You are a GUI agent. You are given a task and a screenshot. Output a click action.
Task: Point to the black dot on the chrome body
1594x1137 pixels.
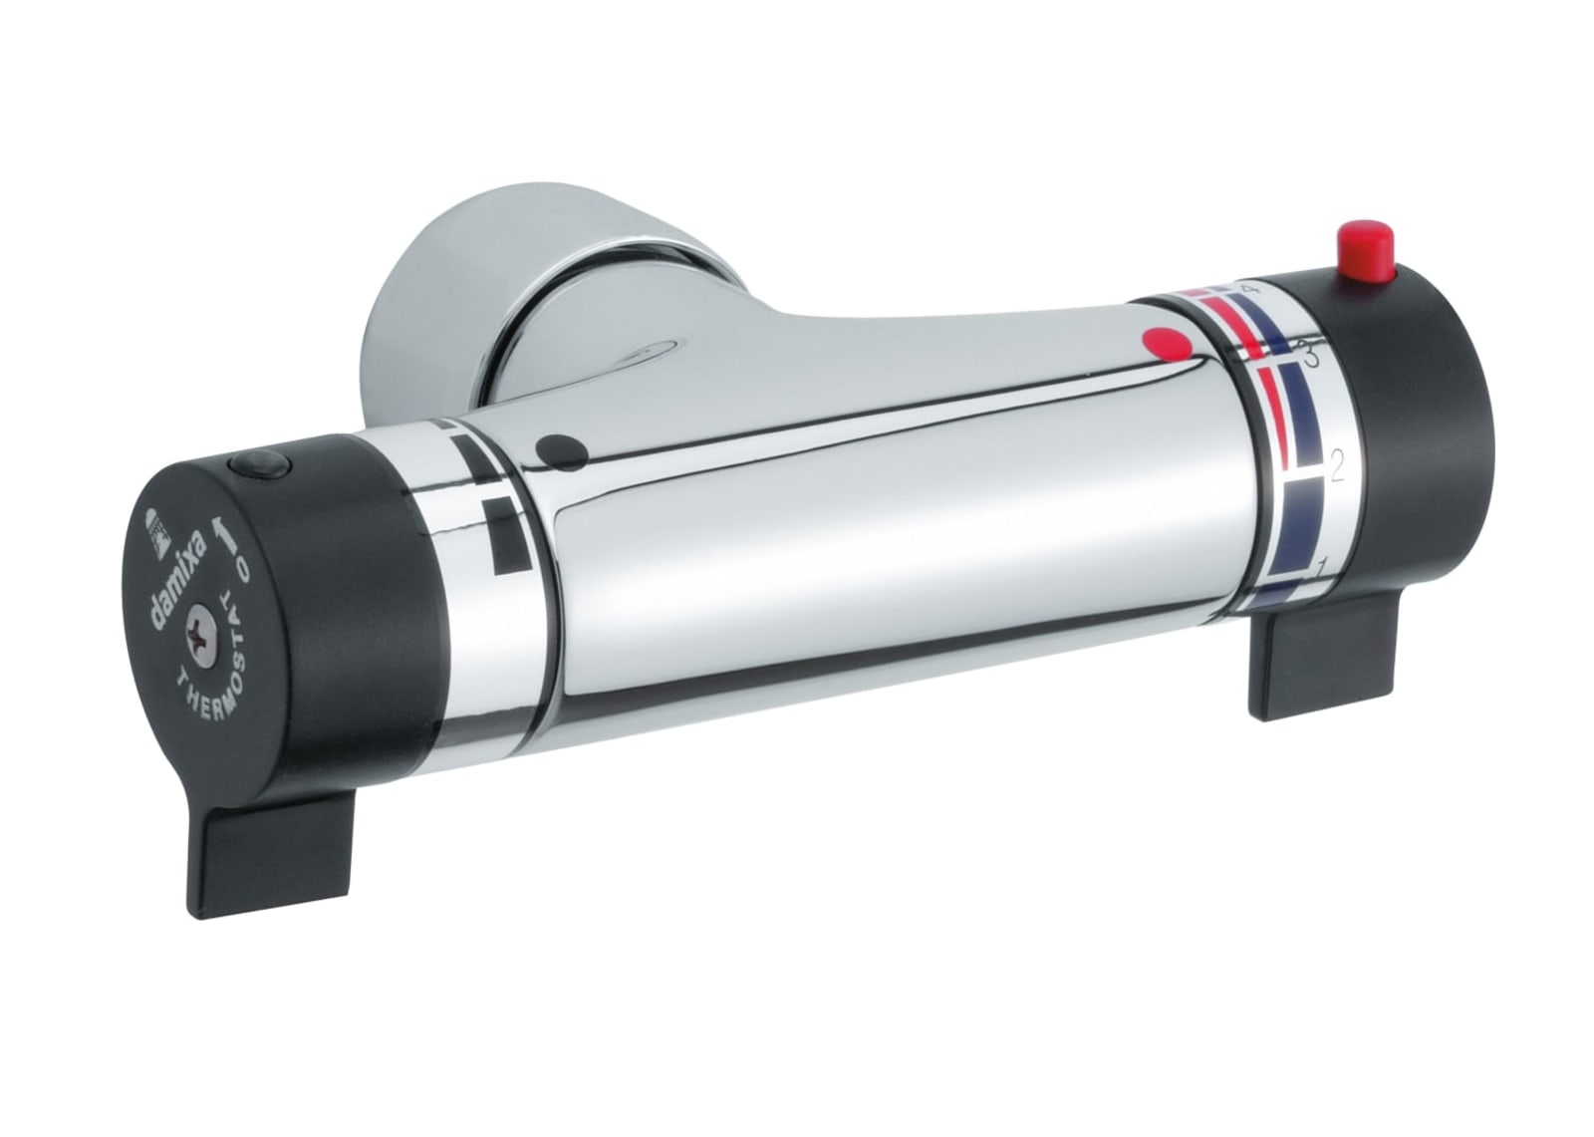tap(562, 453)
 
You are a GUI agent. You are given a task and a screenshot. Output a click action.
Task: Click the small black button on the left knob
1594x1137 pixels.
tap(260, 468)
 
